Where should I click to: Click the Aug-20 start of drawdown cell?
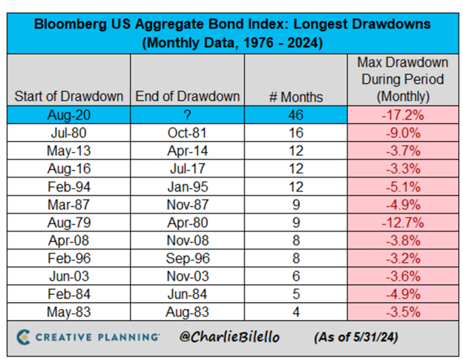(x=68, y=114)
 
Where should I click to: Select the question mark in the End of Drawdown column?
(x=187, y=114)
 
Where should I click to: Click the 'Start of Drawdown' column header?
(x=68, y=96)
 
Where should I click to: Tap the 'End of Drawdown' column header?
(x=187, y=96)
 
